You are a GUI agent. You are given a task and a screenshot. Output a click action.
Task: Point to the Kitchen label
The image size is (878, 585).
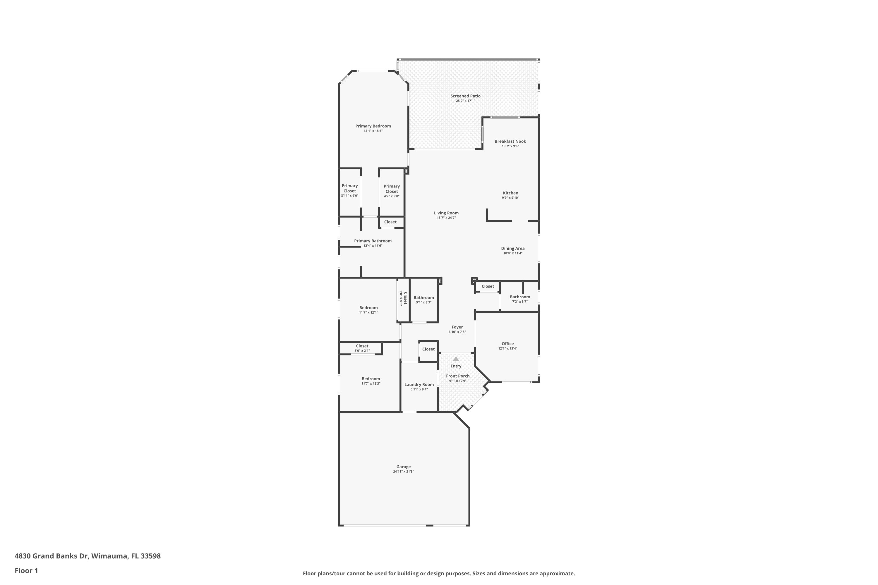click(510, 193)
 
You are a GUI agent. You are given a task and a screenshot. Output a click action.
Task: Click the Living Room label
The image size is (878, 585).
click(446, 213)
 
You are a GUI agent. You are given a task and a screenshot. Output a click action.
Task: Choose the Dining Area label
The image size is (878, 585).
click(512, 248)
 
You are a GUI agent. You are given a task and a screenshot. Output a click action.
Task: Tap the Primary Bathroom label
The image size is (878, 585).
click(373, 241)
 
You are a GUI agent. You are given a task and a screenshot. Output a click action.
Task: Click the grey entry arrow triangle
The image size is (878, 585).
click(456, 359)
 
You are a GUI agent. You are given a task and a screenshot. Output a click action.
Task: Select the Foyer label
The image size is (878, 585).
click(457, 327)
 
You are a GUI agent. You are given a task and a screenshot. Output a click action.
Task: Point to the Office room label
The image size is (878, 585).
click(507, 344)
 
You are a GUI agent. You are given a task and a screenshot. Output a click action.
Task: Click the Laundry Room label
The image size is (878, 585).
click(419, 385)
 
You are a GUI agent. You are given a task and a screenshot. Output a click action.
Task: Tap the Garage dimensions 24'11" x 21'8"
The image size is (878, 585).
click(403, 472)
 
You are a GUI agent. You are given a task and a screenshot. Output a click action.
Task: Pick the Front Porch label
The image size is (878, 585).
click(458, 376)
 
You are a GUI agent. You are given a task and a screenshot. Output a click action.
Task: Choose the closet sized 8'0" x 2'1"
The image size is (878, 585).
click(362, 348)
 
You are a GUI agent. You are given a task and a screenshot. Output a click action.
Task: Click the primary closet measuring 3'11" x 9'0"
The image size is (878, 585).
click(349, 190)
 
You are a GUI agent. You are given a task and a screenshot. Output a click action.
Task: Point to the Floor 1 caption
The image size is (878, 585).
click(26, 570)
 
